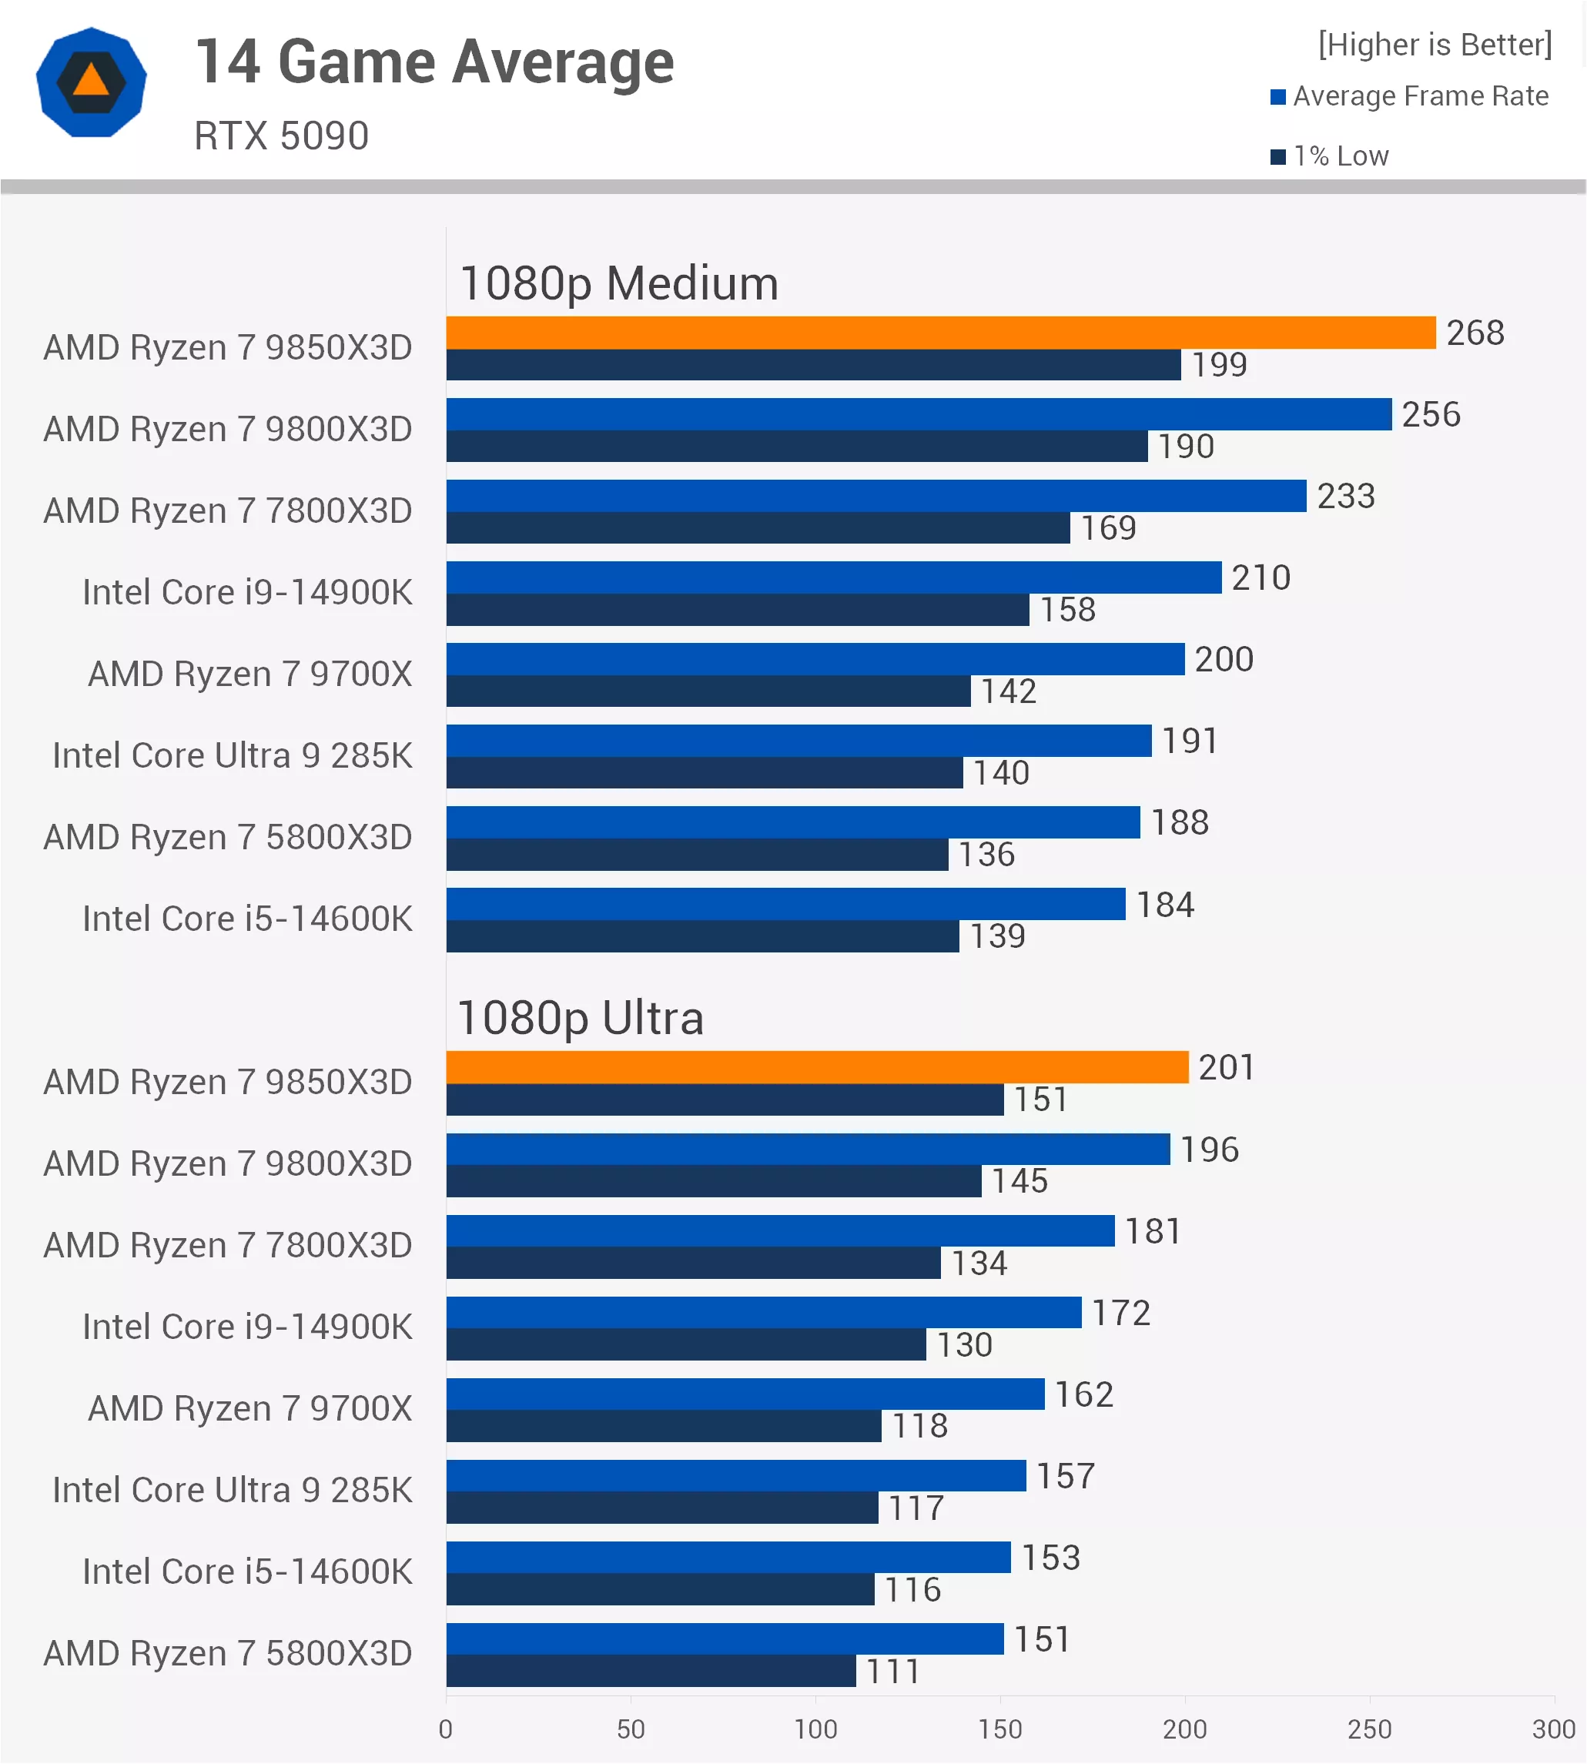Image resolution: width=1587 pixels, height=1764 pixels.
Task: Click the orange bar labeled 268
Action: coord(940,332)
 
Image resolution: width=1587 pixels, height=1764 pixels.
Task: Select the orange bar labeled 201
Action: coord(817,1066)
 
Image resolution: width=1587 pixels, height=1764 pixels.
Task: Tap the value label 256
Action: coord(1431,414)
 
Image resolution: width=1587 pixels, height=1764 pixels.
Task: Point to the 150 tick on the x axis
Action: coord(999,1729)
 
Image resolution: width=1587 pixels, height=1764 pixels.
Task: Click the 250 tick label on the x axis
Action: coord(1369,1729)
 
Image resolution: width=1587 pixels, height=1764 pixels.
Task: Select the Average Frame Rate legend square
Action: coord(1278,97)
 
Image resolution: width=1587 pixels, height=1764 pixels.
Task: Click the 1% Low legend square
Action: coord(1278,157)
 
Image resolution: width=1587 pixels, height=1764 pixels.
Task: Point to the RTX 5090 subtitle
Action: coord(281,136)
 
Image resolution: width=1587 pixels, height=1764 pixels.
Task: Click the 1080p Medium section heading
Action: coord(618,283)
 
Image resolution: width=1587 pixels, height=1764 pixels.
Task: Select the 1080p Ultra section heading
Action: coord(580,1018)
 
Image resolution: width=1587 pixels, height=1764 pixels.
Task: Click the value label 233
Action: coord(1345,496)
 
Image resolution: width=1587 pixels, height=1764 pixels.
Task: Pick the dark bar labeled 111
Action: coord(651,1671)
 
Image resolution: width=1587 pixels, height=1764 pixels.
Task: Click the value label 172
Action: coord(1120,1312)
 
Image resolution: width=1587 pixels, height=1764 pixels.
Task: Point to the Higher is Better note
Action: coord(1435,45)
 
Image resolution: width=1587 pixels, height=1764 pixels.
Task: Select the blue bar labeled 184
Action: coord(785,903)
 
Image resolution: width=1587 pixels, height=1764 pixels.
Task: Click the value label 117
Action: coord(916,1508)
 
